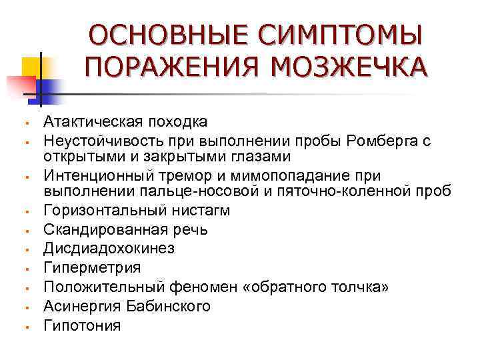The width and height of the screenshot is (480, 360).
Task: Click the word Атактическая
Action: coord(87,121)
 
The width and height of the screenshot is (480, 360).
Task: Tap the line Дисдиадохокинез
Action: coord(108,249)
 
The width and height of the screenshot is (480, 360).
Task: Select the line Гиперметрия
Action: coord(92,267)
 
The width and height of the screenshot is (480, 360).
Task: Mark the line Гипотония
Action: coord(82,325)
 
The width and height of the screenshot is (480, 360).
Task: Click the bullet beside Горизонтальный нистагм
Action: coord(23,213)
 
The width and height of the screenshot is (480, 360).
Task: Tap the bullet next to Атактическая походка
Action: coord(23,123)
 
